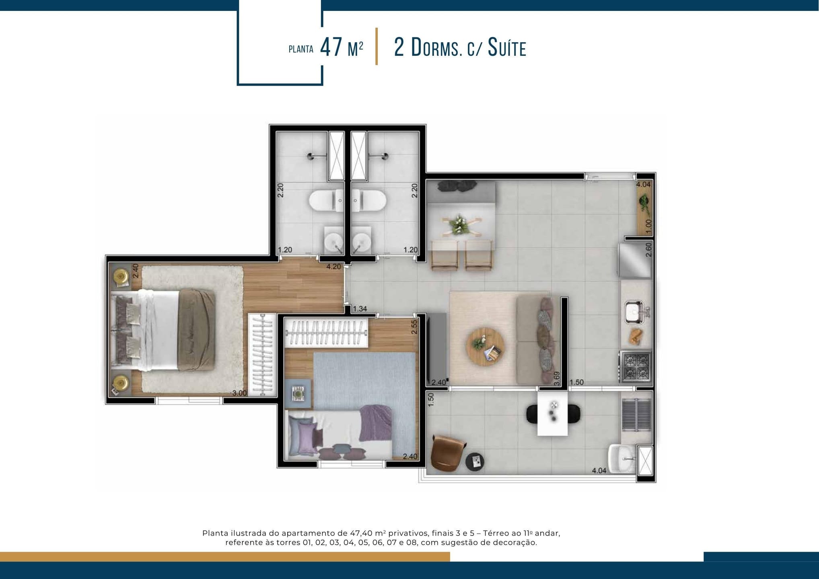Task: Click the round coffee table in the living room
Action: [486, 347]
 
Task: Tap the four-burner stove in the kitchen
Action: [636, 366]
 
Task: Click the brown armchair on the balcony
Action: [448, 453]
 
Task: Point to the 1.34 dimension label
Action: [360, 309]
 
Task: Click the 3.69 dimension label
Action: [557, 379]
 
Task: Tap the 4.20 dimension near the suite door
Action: [333, 266]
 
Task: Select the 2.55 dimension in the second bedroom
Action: [414, 327]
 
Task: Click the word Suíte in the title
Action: [507, 48]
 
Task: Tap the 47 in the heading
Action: [331, 47]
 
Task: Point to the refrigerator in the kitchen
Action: [635, 260]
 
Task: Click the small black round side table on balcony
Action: [475, 462]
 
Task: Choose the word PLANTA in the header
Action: [301, 49]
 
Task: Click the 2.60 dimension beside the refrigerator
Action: [648, 250]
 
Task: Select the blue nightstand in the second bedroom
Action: [297, 394]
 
